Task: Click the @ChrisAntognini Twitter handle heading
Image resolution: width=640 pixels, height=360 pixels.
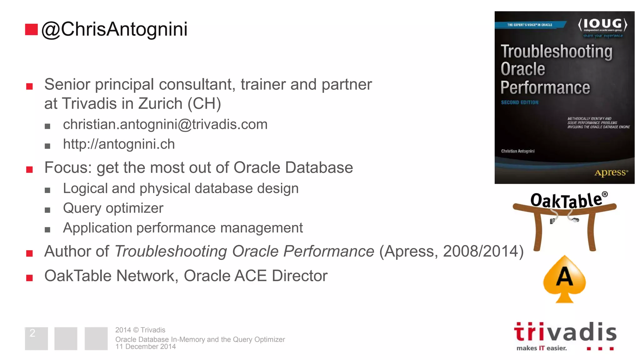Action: click(114, 29)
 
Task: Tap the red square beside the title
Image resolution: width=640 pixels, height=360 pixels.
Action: click(31, 29)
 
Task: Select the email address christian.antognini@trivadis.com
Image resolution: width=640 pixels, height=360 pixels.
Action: click(165, 124)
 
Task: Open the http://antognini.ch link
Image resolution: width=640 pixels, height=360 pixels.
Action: click(119, 144)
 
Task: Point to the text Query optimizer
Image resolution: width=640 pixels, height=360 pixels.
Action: click(113, 208)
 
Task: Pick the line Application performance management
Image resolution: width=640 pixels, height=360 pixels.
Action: click(183, 228)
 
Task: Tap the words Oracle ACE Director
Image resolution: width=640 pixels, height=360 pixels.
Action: click(255, 276)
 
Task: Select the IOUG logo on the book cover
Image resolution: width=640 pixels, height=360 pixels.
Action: click(602, 25)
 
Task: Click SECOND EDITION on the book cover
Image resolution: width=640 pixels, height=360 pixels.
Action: click(520, 102)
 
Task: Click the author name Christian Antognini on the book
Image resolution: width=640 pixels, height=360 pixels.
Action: click(518, 151)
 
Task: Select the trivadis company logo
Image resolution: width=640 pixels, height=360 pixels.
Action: click(565, 336)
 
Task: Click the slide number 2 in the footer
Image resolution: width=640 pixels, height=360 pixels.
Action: click(32, 333)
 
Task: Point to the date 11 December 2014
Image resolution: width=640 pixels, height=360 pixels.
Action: click(145, 347)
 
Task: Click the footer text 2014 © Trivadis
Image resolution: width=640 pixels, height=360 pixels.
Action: click(140, 330)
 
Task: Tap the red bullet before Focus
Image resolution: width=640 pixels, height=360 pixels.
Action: click(29, 169)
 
